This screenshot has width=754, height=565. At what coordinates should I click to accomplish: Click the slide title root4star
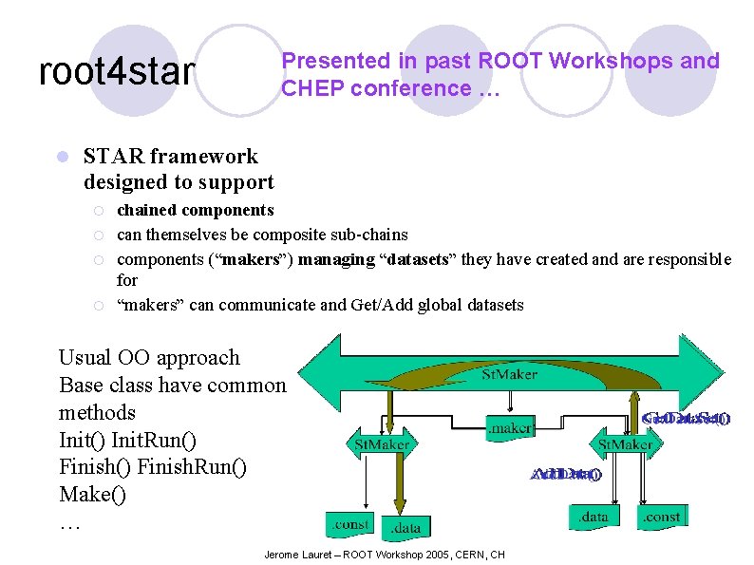tap(117, 71)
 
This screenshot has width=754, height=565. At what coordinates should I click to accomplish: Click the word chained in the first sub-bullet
tap(146, 210)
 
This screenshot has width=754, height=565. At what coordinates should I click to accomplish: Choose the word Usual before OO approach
tap(86, 358)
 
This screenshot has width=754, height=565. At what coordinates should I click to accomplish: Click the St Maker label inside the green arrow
tap(509, 374)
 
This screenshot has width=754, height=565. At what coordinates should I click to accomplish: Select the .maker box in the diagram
tap(509, 428)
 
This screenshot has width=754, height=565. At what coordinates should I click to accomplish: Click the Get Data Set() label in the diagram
tap(686, 418)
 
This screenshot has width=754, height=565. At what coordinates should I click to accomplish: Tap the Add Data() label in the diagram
tap(565, 474)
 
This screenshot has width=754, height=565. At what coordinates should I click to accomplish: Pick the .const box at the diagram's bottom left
tap(350, 523)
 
